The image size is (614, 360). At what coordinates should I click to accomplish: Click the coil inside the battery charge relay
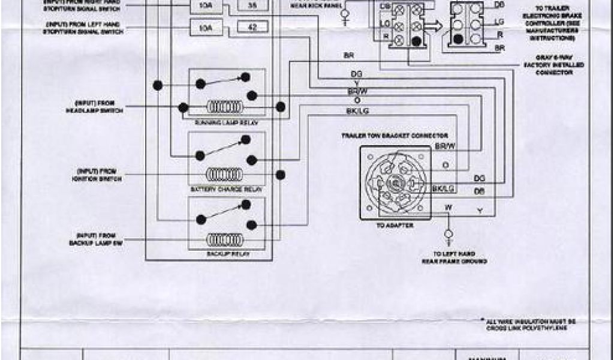click(x=225, y=175)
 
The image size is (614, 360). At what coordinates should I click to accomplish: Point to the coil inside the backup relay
click(x=225, y=239)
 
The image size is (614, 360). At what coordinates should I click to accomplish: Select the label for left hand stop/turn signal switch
click(x=85, y=28)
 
